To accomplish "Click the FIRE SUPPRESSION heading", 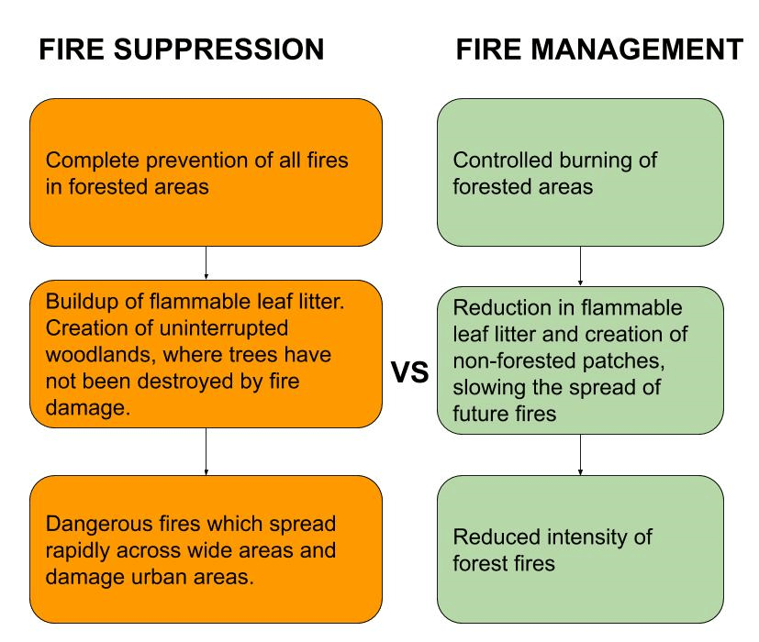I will [181, 50].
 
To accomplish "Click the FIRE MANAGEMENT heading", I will [599, 50].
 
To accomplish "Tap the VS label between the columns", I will [410, 373].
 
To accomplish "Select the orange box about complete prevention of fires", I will [206, 172].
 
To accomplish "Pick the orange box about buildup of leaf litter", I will [206, 353].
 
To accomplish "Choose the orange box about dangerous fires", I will [206, 548].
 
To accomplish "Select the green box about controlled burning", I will [579, 172].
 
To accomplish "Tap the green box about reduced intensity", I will [579, 548].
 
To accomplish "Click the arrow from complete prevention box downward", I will [206, 262].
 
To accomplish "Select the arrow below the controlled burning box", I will [579, 266].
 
